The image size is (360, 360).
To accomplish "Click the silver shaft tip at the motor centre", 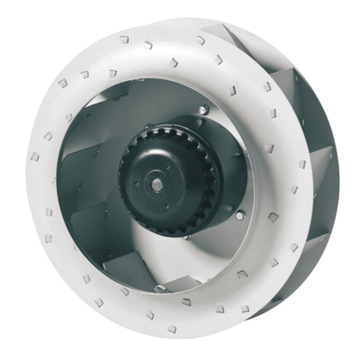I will [x=158, y=184].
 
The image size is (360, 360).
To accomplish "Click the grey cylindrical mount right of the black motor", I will [x=229, y=171].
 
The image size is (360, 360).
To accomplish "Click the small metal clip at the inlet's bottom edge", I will [x=160, y=290].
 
